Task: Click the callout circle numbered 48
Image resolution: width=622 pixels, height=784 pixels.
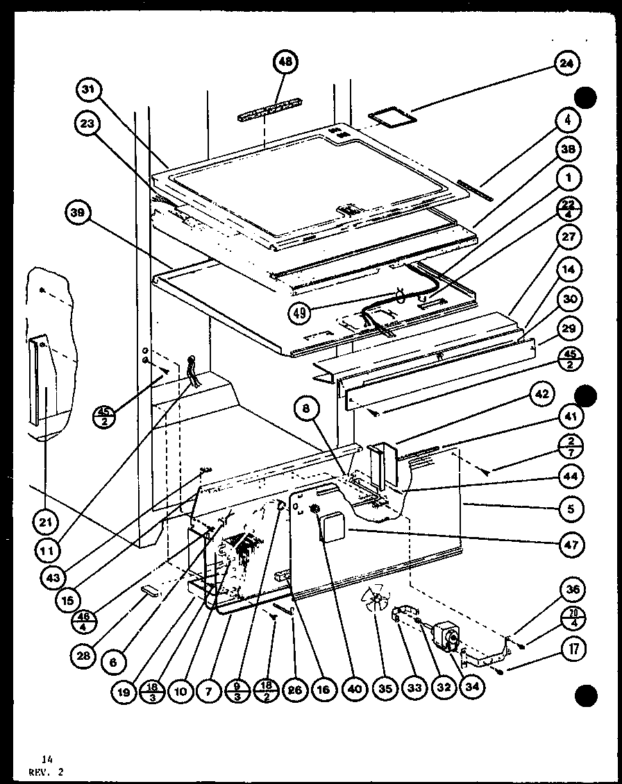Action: (285, 62)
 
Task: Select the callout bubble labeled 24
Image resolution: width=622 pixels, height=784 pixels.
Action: (566, 63)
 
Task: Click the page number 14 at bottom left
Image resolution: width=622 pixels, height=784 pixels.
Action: (46, 759)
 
